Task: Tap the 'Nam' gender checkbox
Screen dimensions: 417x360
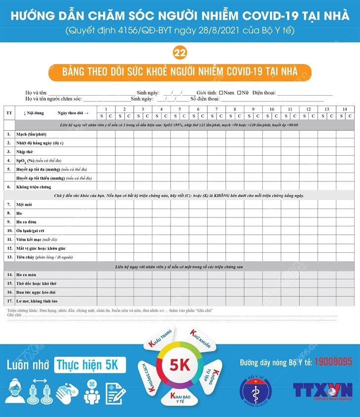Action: pos(222,92)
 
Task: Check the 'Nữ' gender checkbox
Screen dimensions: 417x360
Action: pos(239,92)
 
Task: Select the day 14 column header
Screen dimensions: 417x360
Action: pos(345,109)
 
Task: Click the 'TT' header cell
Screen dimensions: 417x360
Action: pos(9,113)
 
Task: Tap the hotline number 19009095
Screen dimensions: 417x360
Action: pos(333,361)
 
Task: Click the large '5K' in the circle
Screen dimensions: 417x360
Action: pos(180,365)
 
